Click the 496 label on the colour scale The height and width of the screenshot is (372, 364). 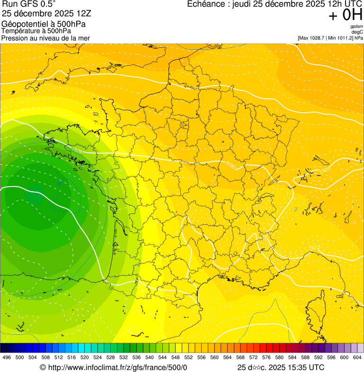7,357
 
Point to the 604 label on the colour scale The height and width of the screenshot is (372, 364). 357,357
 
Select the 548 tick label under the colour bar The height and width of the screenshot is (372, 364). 175,357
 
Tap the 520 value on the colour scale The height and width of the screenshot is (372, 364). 84,357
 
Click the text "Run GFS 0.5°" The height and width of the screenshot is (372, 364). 29,4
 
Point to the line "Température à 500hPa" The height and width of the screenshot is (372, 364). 36,31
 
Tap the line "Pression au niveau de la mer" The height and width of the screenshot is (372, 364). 45,38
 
